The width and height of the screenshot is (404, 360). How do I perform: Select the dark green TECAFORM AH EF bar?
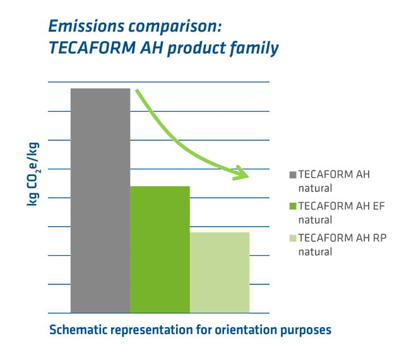160,249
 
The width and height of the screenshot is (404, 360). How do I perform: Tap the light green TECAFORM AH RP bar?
220,272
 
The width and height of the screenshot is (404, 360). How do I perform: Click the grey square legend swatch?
292,175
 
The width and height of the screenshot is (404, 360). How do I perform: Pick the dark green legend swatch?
292,207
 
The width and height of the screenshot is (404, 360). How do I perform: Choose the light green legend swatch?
292,238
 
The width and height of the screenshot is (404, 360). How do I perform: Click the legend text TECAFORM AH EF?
341,207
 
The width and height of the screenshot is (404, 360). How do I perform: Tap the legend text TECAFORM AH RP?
342,238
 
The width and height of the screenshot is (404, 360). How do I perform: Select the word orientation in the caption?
241,330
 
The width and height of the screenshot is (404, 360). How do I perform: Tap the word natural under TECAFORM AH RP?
315,251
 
